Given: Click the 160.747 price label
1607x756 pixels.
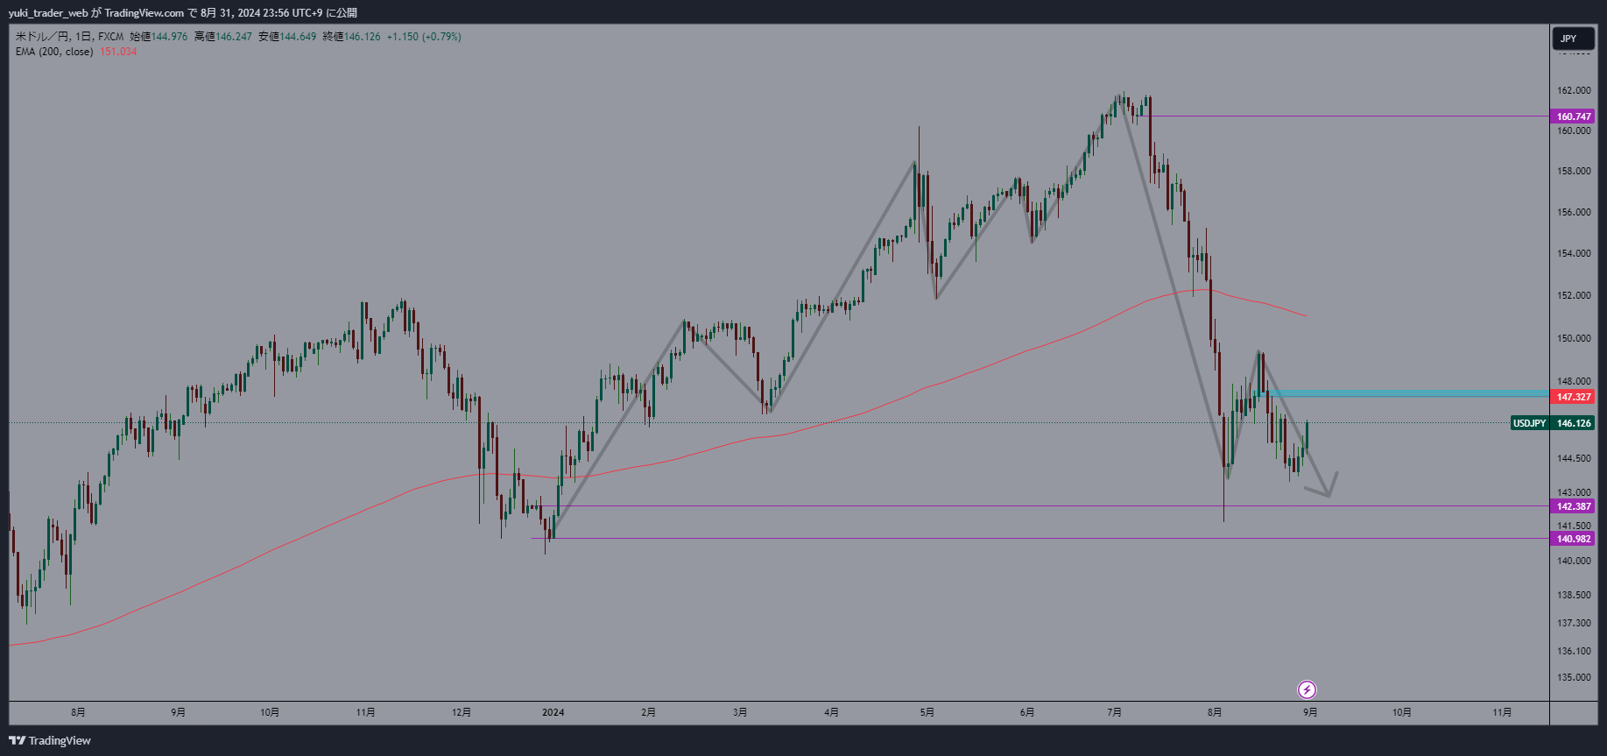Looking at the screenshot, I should point(1573,117).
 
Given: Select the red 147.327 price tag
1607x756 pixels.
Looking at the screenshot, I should point(1573,397).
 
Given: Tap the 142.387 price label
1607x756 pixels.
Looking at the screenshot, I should point(1573,506).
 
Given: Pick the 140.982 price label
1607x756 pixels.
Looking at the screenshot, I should point(1573,539).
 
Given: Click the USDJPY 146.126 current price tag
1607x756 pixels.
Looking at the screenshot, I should point(1552,423).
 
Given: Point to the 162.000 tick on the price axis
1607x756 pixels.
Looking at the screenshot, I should point(1573,90).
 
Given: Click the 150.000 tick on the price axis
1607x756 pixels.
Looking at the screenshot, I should point(1573,338).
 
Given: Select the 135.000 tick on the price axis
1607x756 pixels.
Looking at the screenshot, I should point(1573,677).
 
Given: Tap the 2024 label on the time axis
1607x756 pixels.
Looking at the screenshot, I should point(553,712).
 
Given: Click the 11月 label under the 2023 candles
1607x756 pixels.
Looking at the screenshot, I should point(365,712).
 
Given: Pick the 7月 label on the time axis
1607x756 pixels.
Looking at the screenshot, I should point(1114,712).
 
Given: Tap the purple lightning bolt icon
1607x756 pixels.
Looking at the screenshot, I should point(1307,689).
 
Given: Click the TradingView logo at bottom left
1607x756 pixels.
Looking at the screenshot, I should point(50,740).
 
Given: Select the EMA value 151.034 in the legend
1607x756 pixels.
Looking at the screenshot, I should point(118,52).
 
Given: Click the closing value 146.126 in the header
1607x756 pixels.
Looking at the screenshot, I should point(362,37).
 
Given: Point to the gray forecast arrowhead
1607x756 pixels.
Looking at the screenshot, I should point(1329,492).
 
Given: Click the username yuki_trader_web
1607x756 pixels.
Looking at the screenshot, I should point(48,12).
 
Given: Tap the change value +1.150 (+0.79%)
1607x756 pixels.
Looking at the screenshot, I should point(424,37).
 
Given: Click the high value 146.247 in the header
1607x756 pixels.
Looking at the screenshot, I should point(233,37).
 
